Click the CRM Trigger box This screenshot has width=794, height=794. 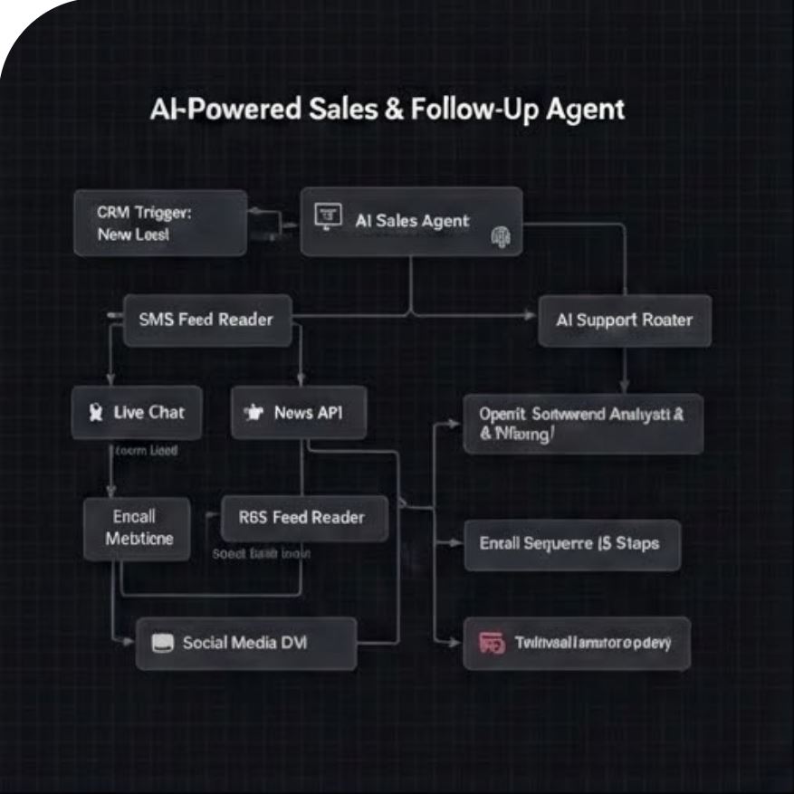[x=160, y=223]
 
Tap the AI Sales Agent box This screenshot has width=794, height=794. [x=411, y=220]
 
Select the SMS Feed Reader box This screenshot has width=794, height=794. [x=206, y=319]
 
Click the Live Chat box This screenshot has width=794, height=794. [x=137, y=412]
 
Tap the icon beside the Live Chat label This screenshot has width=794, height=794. [x=94, y=413]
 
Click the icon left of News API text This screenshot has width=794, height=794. [x=253, y=413]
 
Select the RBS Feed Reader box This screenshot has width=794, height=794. [x=303, y=518]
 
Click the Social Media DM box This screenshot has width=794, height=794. [x=245, y=643]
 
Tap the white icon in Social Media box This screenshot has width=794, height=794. [x=163, y=643]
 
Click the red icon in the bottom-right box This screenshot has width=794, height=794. [x=491, y=644]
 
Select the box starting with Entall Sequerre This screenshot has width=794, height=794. [x=570, y=544]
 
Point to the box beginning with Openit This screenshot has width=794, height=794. [x=582, y=423]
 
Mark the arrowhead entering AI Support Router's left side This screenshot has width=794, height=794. [x=531, y=316]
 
